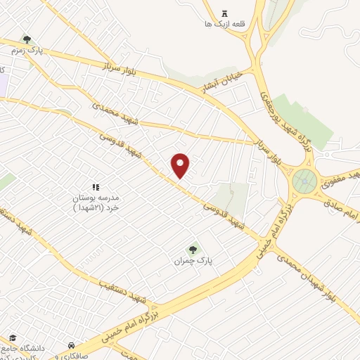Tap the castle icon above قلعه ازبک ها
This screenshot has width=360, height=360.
[225, 14]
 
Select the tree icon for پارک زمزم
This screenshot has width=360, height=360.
[27, 40]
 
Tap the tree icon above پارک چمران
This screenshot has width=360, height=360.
[193, 249]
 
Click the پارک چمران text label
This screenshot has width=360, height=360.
[193, 261]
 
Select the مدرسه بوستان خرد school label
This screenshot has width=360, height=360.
[98, 203]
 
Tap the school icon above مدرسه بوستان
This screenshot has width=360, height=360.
[97, 187]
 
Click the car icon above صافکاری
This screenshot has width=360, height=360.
[72, 345]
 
